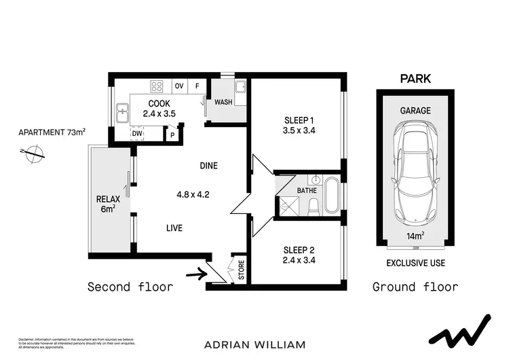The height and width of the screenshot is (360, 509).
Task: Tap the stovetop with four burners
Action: click(157, 86)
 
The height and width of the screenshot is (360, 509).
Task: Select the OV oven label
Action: click(180, 86)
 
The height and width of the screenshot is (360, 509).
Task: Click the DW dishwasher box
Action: click(137, 134)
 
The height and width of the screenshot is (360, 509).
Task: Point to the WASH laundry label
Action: click(223, 103)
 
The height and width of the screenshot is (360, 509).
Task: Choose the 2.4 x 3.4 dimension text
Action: click(299, 259)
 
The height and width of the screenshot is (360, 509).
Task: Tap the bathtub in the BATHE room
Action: click(331, 195)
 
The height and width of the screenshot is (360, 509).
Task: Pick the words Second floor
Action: click(130, 287)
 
